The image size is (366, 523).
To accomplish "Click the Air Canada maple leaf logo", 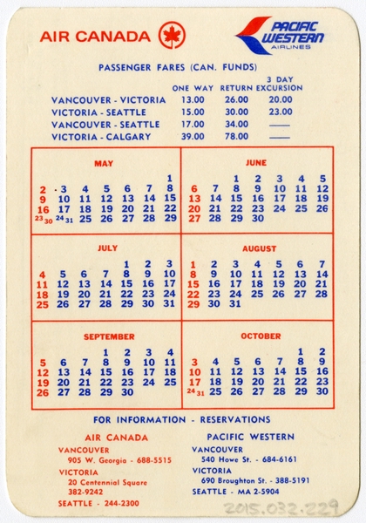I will pos(172,36).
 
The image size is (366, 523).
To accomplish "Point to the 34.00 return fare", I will pos(236,124).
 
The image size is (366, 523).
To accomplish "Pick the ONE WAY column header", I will pos(193,88).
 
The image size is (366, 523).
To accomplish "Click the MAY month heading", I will pos(104,163).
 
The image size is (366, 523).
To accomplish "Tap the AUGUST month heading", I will pos(258,248).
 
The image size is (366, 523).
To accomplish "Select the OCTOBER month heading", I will pos(261,336).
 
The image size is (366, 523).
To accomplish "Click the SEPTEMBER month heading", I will pos(109,336).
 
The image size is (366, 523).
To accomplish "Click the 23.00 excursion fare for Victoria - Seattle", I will pos(280,112).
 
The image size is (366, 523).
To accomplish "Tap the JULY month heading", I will pos(106,248).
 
